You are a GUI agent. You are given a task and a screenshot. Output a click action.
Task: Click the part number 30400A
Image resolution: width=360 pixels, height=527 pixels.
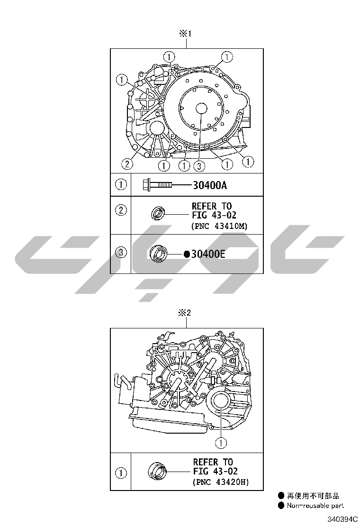click(x=209, y=185)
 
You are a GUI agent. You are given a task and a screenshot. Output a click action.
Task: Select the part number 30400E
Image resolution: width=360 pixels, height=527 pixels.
click(x=208, y=254)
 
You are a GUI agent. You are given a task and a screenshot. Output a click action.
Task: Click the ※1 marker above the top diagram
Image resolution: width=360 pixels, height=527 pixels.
click(x=185, y=34)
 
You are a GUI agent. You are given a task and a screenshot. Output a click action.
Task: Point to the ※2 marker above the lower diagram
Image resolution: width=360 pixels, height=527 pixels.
click(x=184, y=313)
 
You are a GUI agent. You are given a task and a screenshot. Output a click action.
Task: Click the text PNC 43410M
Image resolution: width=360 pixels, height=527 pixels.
click(x=220, y=226)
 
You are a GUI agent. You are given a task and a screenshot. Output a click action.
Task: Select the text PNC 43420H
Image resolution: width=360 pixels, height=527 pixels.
click(x=221, y=482)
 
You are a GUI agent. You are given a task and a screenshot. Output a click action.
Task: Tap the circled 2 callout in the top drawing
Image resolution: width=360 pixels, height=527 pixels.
click(x=126, y=164)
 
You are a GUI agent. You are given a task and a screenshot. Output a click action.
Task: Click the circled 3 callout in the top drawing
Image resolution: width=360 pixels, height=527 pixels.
click(x=199, y=165)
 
